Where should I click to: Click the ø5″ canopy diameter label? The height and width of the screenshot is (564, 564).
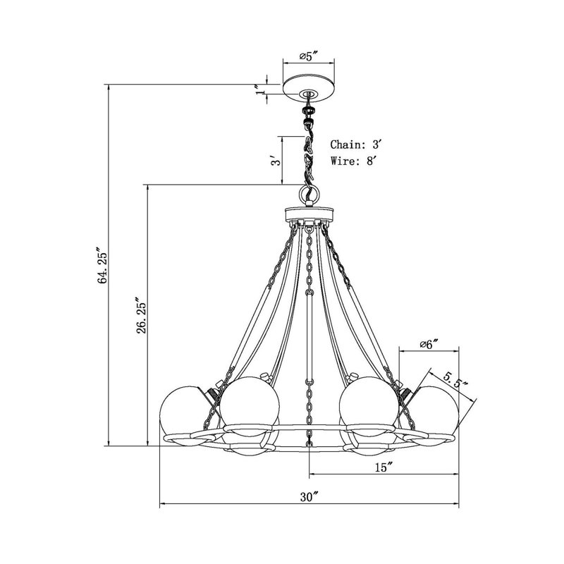tap(309, 56)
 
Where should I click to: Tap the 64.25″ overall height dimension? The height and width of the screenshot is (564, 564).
tap(102, 265)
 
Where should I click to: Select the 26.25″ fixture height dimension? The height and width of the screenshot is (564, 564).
tap(142, 315)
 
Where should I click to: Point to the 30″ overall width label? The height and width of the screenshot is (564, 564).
tap(309, 497)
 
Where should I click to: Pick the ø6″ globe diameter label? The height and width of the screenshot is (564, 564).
tap(429, 344)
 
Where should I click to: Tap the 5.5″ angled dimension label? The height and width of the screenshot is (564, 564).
tap(455, 381)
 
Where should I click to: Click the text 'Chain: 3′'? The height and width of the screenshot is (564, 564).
tap(355, 145)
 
